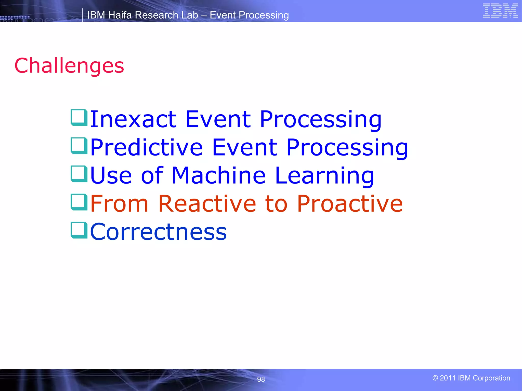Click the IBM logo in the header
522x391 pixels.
[x=500, y=11]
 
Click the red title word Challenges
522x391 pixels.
[x=69, y=66]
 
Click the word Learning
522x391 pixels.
[x=324, y=176]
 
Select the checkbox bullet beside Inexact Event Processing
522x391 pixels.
[x=79, y=117]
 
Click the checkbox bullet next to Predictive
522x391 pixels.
[x=79, y=146]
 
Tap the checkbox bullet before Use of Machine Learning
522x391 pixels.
[x=79, y=174]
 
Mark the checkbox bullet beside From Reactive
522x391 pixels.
[x=79, y=202]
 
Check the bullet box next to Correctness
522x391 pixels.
[x=79, y=230]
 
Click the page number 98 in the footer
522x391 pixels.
[x=261, y=379]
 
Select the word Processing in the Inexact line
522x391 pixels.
[x=320, y=120]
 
